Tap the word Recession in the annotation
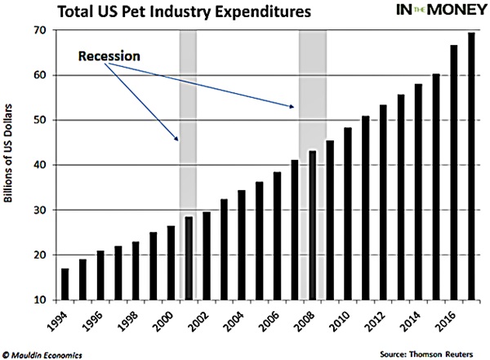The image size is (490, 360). tap(109, 57)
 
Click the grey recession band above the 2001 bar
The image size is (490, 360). tap(189, 122)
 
